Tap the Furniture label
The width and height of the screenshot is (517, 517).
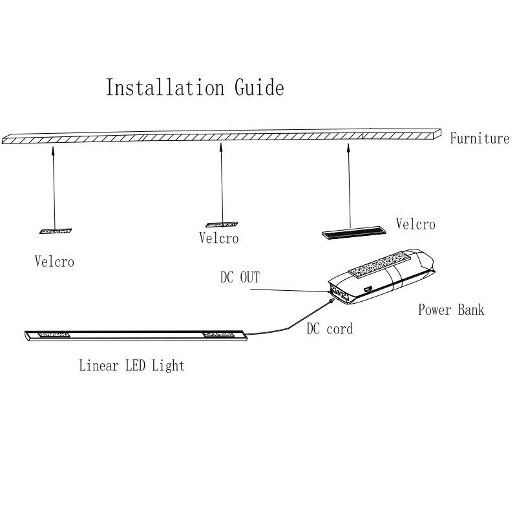[480, 138]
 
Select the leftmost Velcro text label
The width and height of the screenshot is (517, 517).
[54, 262]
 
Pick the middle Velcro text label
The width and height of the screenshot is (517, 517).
[219, 238]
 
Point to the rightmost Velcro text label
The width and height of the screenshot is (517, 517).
[416, 224]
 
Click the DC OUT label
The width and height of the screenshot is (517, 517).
[240, 277]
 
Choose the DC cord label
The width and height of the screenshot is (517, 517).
[330, 329]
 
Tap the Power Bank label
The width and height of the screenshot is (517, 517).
[450, 310]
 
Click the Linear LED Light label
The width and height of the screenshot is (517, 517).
[132, 366]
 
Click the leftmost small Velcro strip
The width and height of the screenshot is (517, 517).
[56, 230]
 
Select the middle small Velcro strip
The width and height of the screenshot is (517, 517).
[222, 225]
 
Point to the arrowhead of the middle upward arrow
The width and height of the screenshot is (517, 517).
[221, 147]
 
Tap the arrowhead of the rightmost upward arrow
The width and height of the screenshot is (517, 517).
[348, 147]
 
